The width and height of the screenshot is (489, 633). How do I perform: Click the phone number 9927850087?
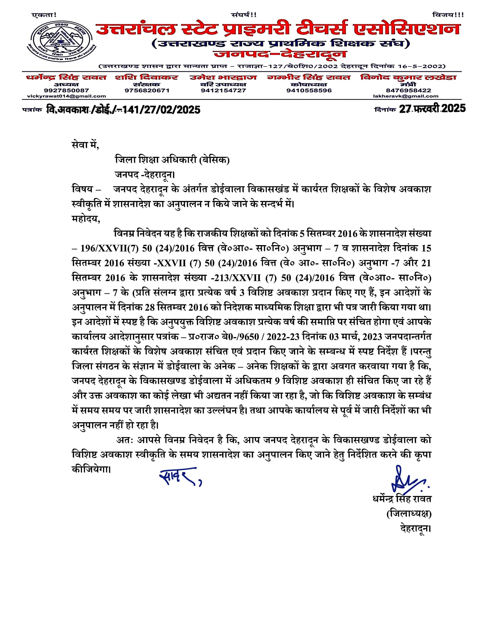(67, 90)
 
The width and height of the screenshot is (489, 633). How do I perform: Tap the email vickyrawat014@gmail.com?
(67, 96)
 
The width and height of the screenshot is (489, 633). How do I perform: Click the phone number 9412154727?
(223, 90)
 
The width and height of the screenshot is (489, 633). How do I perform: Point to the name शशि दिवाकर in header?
(146, 77)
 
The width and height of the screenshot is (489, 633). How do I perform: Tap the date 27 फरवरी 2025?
(432, 109)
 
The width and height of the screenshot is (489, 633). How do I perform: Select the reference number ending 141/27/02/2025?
(123, 110)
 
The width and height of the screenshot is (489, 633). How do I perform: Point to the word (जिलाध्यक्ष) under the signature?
(409, 514)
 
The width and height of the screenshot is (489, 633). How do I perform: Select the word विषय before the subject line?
(82, 189)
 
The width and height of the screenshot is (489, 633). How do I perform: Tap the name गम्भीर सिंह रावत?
(309, 77)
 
